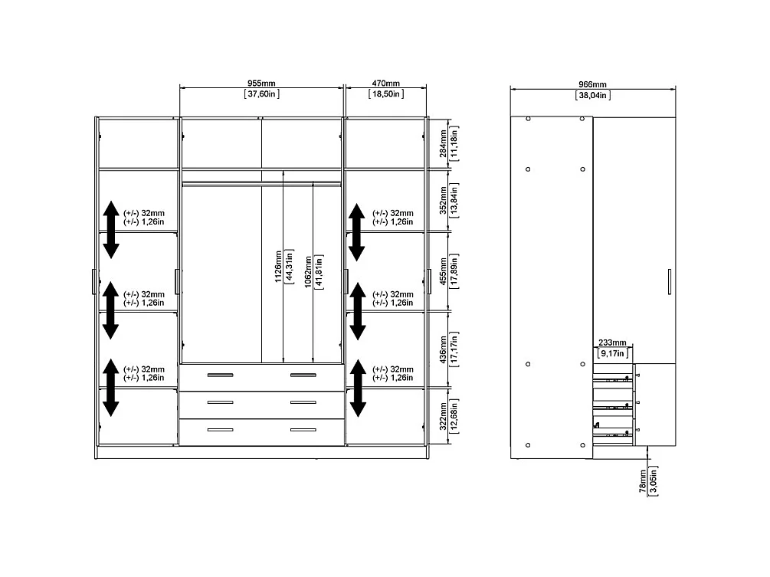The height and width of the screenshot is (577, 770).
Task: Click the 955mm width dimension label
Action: coord(261,83)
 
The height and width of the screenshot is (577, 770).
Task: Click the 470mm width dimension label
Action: coord(386,83)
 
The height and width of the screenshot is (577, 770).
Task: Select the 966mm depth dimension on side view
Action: coord(591,84)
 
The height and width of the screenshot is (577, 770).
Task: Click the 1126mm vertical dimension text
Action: coord(280,264)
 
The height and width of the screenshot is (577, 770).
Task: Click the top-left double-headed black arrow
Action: coord(111,229)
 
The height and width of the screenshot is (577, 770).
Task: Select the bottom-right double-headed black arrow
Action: coord(357,388)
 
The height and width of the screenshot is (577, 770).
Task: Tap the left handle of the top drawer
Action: coord(221,375)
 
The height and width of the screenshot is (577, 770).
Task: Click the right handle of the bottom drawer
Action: coord(303,429)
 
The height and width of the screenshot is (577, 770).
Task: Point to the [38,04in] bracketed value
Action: coord(591,95)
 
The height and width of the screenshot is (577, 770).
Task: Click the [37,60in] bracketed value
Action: coord(261,94)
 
